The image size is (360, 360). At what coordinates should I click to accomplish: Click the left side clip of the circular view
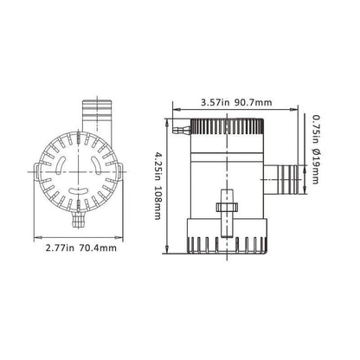pyautogui.click(x=35, y=169)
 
